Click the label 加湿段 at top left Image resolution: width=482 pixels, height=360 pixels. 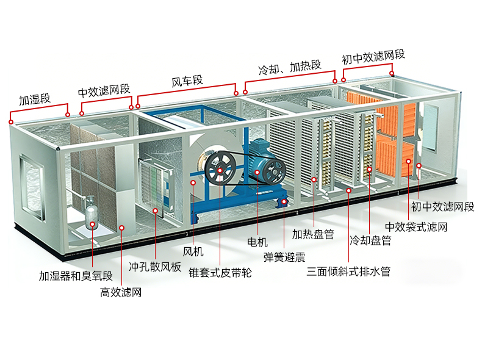point(34,99)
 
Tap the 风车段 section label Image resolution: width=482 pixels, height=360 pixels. point(187,81)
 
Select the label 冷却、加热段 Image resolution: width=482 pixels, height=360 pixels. point(290,67)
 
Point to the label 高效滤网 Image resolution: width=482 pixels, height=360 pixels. point(121,292)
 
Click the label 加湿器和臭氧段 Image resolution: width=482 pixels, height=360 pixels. point(76,276)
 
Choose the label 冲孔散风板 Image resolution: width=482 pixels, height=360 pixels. point(155,267)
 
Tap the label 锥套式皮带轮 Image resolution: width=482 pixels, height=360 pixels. point(220,273)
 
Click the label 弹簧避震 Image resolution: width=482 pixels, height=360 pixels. point(284,257)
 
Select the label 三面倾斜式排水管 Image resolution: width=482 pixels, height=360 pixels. point(348,272)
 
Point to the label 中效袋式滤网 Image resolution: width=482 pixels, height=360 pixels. point(416,227)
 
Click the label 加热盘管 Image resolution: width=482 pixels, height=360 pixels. point(313,234)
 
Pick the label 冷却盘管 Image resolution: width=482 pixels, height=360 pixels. point(370,240)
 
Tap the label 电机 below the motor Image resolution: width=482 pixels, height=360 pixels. point(257,242)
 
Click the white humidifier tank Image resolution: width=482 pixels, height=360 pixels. point(92,212)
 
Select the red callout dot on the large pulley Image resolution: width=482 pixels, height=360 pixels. point(220,170)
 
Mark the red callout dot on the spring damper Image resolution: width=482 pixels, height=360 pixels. point(284,202)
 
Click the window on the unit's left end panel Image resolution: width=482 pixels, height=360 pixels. point(32,187)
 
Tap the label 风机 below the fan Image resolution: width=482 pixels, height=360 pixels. point(193,252)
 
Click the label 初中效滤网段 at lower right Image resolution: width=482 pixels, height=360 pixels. point(443,207)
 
